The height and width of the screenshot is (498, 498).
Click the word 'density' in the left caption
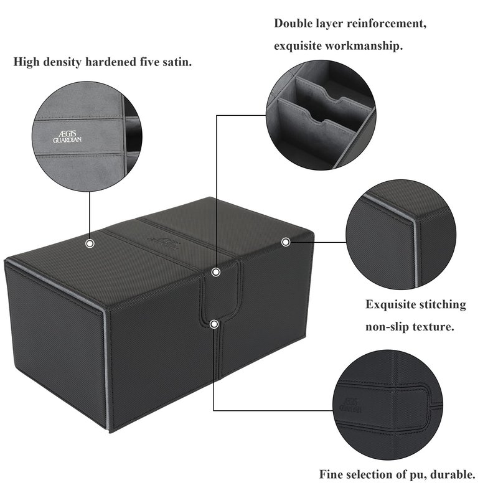pyautogui.click(x=62, y=62)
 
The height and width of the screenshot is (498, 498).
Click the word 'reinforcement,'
pyautogui.click(x=387, y=24)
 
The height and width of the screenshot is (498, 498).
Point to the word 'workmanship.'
pyautogui.click(x=364, y=46)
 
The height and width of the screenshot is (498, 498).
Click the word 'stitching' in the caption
pyautogui.click(x=443, y=304)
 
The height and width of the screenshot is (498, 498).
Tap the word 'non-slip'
pyautogui.click(x=386, y=327)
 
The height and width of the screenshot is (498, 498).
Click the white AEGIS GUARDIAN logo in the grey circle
pyautogui.click(x=67, y=136)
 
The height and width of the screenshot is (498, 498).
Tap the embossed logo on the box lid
pyautogui.click(x=164, y=243)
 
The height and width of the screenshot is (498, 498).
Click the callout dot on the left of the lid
pyautogui.click(x=90, y=243)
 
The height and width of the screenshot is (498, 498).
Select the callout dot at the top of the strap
pyautogui.click(x=216, y=272)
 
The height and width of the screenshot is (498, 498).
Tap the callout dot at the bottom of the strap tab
pyautogui.click(x=214, y=324)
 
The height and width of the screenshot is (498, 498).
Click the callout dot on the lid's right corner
pyautogui.click(x=286, y=242)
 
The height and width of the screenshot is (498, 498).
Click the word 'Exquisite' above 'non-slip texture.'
pyautogui.click(x=391, y=304)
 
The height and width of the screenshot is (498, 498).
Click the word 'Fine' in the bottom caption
pyautogui.click(x=331, y=475)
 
